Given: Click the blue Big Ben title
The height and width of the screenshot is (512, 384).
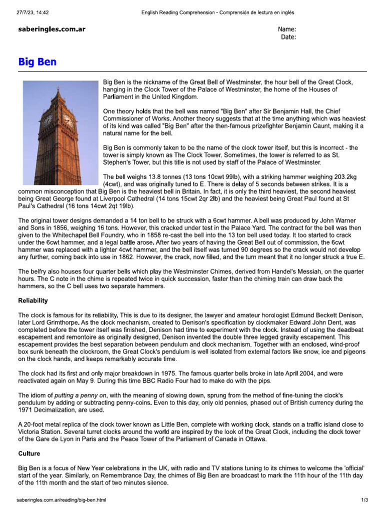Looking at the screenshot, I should tap(37, 62).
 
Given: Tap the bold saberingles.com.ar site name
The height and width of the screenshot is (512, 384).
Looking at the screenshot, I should tap(52, 29).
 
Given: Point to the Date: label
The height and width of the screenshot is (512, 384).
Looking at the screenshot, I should tap(288, 36).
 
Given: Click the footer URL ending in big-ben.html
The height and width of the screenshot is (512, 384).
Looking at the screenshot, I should tap(61, 499).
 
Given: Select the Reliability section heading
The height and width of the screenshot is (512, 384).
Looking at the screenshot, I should tap(33, 300).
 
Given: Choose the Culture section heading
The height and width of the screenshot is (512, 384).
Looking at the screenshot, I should tap(29, 453).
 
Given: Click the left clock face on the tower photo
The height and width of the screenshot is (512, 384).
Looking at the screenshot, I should tap(48, 120).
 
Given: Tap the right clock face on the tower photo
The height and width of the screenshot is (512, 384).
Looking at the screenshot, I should tap(67, 121).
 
